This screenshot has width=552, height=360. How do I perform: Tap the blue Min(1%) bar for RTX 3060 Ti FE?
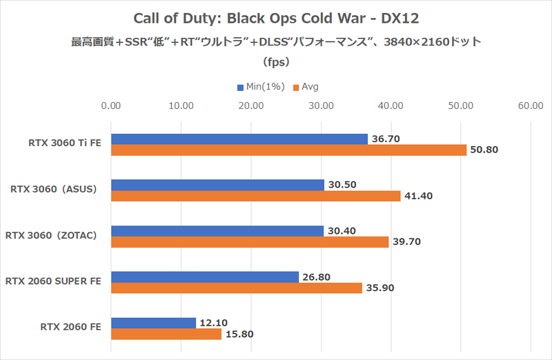pyautogui.click(x=239, y=139)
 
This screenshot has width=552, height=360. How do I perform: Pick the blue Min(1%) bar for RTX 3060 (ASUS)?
pyautogui.click(x=217, y=185)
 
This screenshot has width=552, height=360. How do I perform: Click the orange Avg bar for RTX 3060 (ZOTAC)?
pyautogui.click(x=250, y=242)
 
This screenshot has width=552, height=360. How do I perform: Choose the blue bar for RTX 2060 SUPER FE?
pyautogui.click(x=205, y=277)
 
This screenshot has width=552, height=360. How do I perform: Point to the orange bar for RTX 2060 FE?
pyautogui.click(x=166, y=334)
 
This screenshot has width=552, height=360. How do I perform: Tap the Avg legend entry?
pyautogui.click(x=306, y=88)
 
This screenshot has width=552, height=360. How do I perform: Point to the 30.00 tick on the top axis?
pyautogui.click(x=320, y=106)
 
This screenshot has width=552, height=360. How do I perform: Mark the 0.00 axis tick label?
pyautogui.click(x=111, y=106)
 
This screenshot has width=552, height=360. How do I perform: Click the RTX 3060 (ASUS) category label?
pyautogui.click(x=58, y=190)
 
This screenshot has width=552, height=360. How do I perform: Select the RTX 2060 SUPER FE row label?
pyautogui.click(x=53, y=281)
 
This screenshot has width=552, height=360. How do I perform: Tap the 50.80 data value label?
pyautogui.click(x=484, y=150)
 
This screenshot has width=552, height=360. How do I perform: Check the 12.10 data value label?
pyautogui.click(x=213, y=323)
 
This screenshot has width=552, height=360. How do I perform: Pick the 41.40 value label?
pyautogui.click(x=418, y=196)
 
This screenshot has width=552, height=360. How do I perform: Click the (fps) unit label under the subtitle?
pyautogui.click(x=276, y=61)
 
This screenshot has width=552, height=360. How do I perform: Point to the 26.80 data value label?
pyautogui.click(x=316, y=277)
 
